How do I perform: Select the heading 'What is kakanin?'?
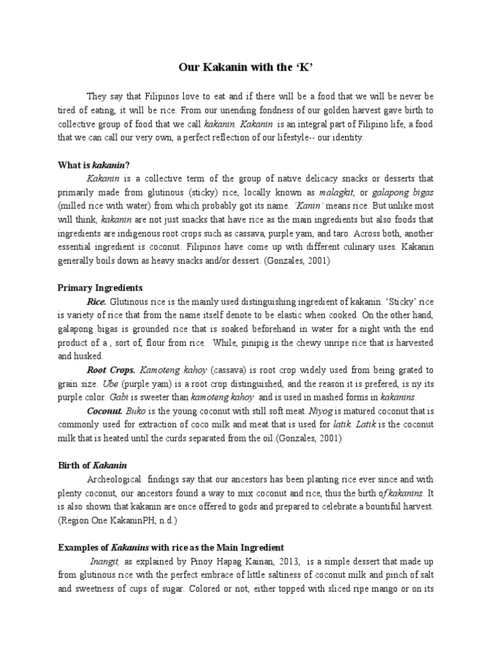[x=94, y=165]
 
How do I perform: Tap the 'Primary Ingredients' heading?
[x=100, y=288]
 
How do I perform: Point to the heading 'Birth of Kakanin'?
[x=93, y=465]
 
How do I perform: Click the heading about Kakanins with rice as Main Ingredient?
[x=171, y=548]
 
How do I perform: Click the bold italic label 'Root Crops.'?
[x=111, y=370]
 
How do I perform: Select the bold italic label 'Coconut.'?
[x=104, y=411]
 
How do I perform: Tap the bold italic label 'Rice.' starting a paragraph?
[x=97, y=302]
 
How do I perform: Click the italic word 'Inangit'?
[x=102, y=562]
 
